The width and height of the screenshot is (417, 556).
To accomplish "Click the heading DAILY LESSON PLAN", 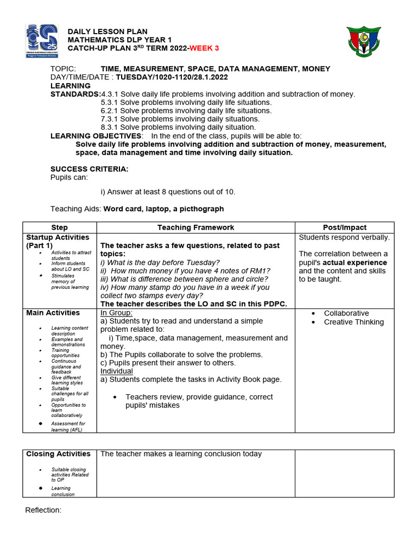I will pyautogui.click(x=107, y=32).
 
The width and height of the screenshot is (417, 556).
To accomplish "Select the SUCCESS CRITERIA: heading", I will pyautogui.click(x=90, y=169).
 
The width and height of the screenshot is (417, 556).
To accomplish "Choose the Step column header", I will pyautogui.click(x=59, y=228).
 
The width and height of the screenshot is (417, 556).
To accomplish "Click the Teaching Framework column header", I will pyautogui.click(x=195, y=228).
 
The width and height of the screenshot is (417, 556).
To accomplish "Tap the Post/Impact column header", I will pyautogui.click(x=344, y=228).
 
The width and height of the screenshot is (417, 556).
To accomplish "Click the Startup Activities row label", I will pyautogui.click(x=58, y=241).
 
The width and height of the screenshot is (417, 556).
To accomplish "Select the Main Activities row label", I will pyautogui.click(x=53, y=313).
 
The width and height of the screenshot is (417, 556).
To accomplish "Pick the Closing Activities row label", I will pyautogui.click(x=59, y=454).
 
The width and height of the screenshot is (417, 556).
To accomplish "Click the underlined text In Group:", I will pyautogui.click(x=116, y=313).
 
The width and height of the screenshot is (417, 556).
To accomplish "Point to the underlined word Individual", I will pyautogui.click(x=117, y=371).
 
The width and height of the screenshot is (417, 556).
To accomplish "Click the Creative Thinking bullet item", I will pyautogui.click(x=353, y=322).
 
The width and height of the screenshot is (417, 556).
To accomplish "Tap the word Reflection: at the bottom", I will pyautogui.click(x=43, y=510).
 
